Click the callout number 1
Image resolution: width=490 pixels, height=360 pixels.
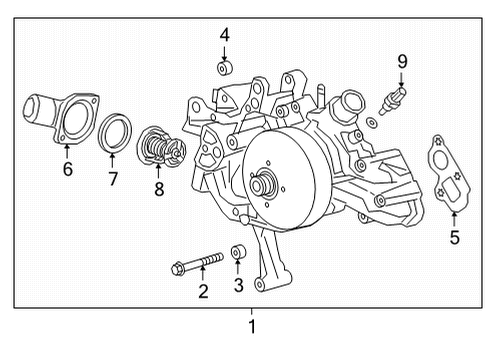coord(252,327)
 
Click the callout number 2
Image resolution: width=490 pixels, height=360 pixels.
coord(203,292)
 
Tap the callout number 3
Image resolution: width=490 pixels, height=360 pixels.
coord(239,285)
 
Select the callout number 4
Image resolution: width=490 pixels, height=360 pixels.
coord(225,35)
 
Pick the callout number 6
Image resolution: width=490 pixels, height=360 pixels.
coord(67,170)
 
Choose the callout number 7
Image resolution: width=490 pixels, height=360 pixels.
coord(113,180)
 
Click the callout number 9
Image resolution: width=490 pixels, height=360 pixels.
coord(402,62)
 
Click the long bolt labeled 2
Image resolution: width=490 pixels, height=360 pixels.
coord(196,265)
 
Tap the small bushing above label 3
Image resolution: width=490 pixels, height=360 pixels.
coord(239,252)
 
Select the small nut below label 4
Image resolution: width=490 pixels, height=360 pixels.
coord(225,69)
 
